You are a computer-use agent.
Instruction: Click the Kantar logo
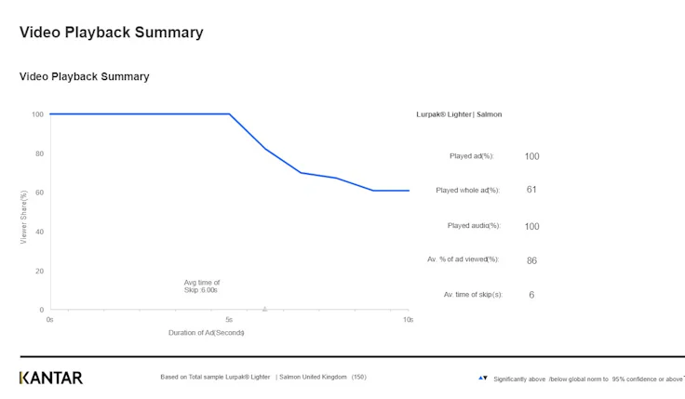coord(51,378)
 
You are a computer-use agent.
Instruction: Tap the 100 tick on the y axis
coord(37,114)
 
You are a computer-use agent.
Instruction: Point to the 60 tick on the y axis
coord(39,193)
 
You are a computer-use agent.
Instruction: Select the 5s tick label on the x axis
coord(229,319)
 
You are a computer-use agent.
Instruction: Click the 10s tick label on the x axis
coord(408,319)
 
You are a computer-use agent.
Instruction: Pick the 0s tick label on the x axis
coord(50,319)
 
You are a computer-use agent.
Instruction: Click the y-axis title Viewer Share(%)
coord(23,218)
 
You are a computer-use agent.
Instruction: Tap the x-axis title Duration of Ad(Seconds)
coord(206,332)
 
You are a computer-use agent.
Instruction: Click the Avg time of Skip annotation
coord(202,286)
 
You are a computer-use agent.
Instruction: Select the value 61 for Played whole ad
coord(531,190)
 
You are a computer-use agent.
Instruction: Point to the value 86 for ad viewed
coord(531,260)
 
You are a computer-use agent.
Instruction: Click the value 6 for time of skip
coord(531,295)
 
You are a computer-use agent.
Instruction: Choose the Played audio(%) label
coord(474,226)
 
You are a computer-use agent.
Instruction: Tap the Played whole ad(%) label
coord(468,190)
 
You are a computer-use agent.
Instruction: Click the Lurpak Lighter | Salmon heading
coord(459,114)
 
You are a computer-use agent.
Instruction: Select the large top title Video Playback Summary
coord(111,33)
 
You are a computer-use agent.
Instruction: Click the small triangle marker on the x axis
coord(265,308)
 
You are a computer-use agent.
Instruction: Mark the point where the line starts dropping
coord(229,114)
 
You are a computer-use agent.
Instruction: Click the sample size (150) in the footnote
coord(359,377)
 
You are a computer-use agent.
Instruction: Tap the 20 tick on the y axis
coord(39,271)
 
